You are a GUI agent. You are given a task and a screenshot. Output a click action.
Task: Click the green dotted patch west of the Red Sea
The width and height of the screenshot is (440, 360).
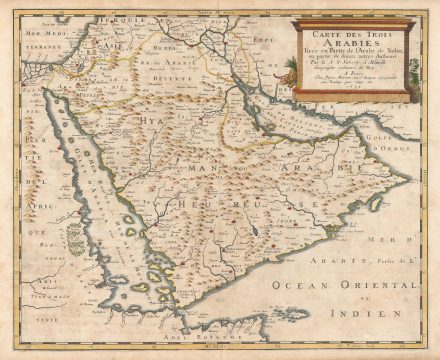(x=74, y=236)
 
